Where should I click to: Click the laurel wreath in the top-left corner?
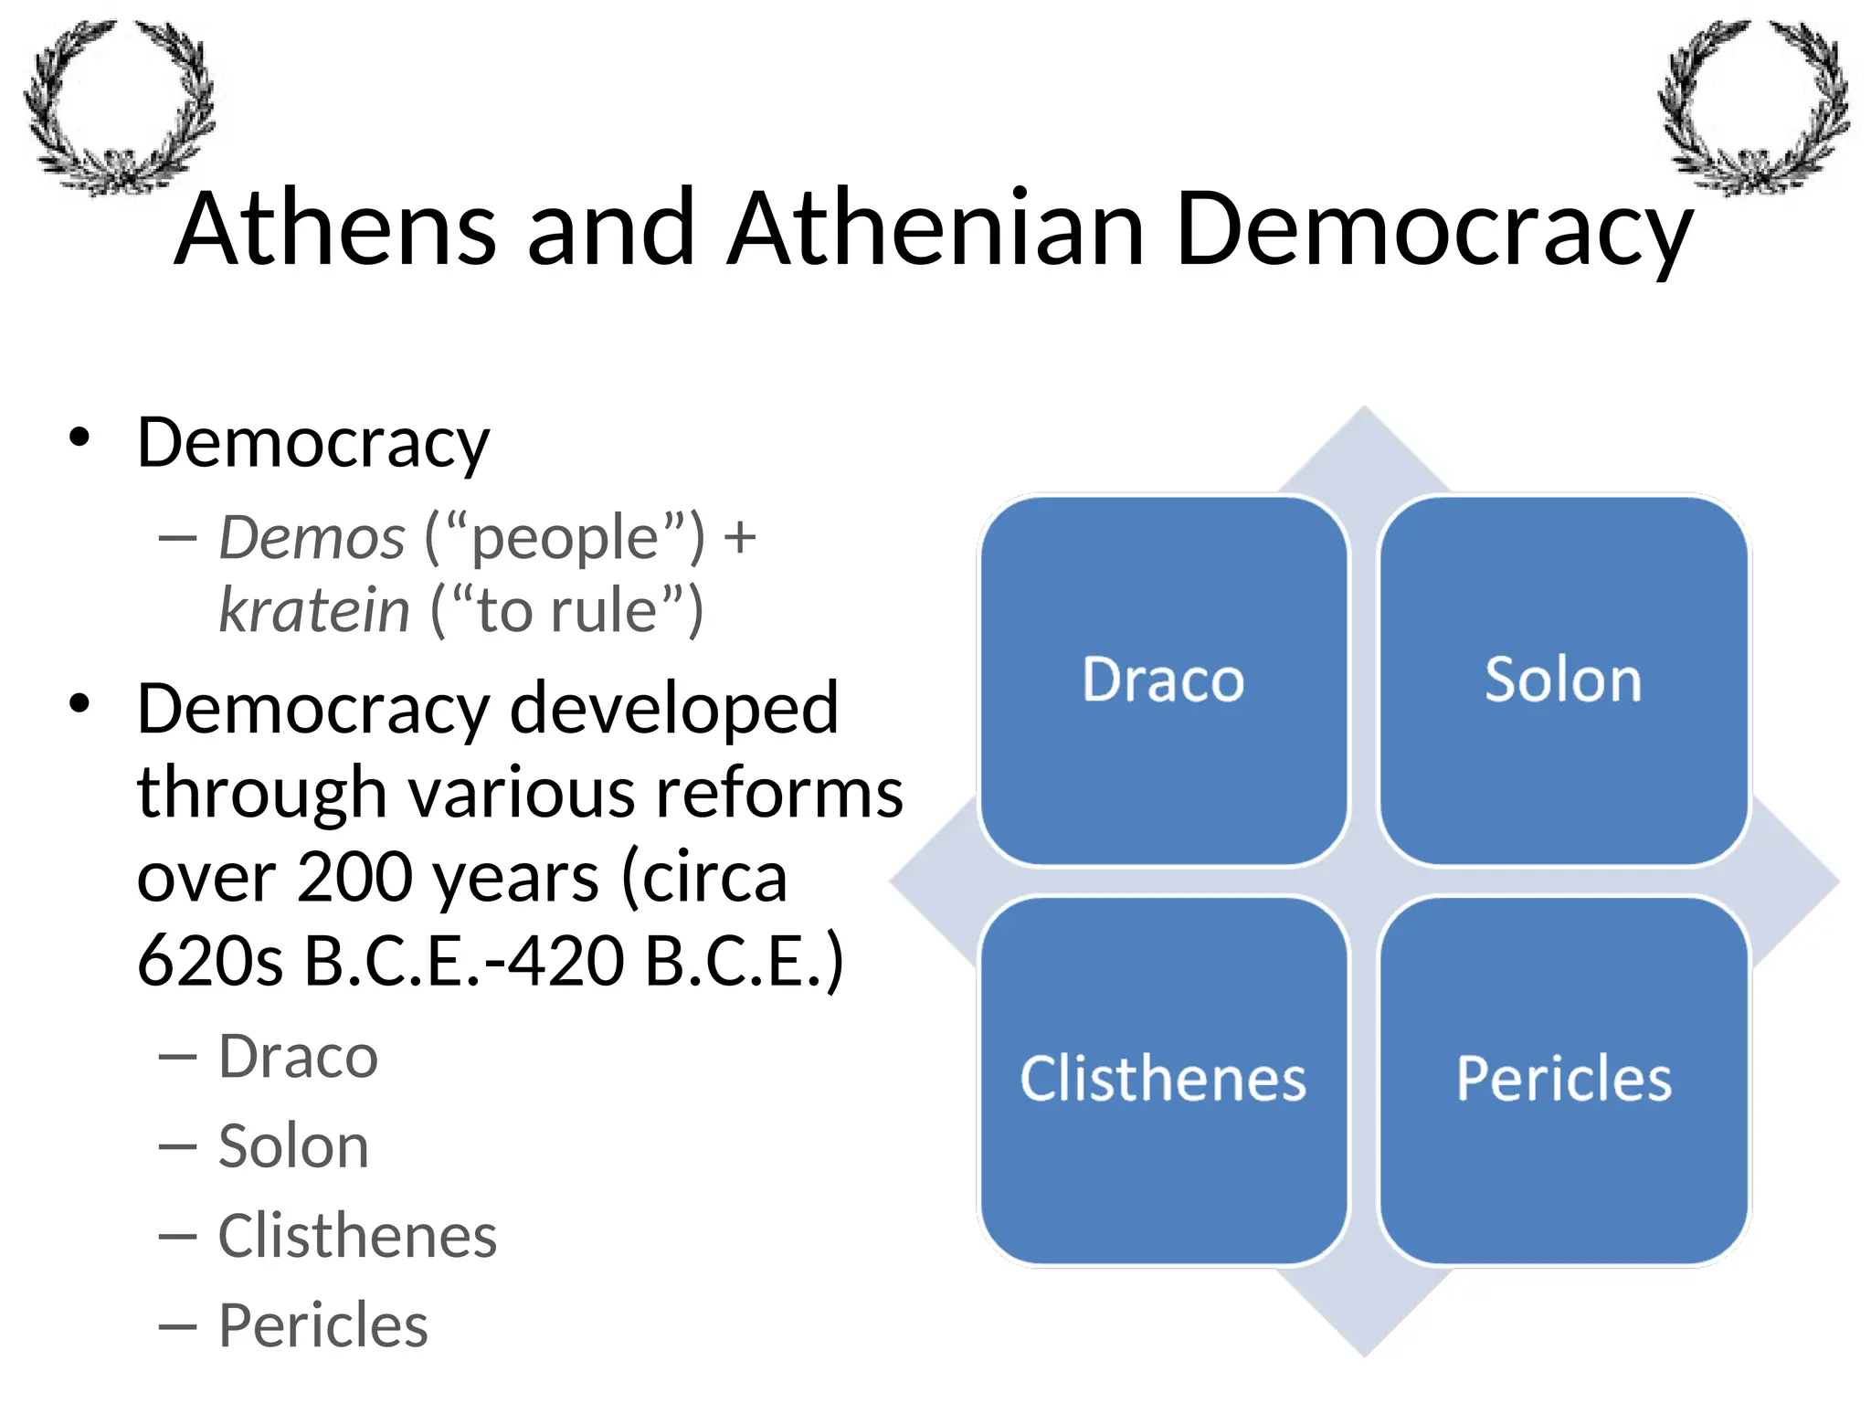click(x=119, y=105)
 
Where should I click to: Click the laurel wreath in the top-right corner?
click(x=1753, y=105)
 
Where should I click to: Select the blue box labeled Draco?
click(x=1163, y=680)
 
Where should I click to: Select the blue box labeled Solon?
click(x=1563, y=680)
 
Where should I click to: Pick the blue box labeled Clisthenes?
click(x=1163, y=1080)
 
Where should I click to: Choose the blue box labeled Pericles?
click(x=1563, y=1080)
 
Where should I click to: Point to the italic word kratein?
click(x=314, y=610)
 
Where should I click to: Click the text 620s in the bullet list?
click(x=210, y=961)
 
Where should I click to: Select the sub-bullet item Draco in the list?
click(x=298, y=1058)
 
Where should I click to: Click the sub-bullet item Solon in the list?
click(x=293, y=1146)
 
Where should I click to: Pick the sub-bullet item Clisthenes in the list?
click(x=357, y=1236)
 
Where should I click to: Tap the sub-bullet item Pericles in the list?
click(x=322, y=1325)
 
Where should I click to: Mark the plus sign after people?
click(x=739, y=537)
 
